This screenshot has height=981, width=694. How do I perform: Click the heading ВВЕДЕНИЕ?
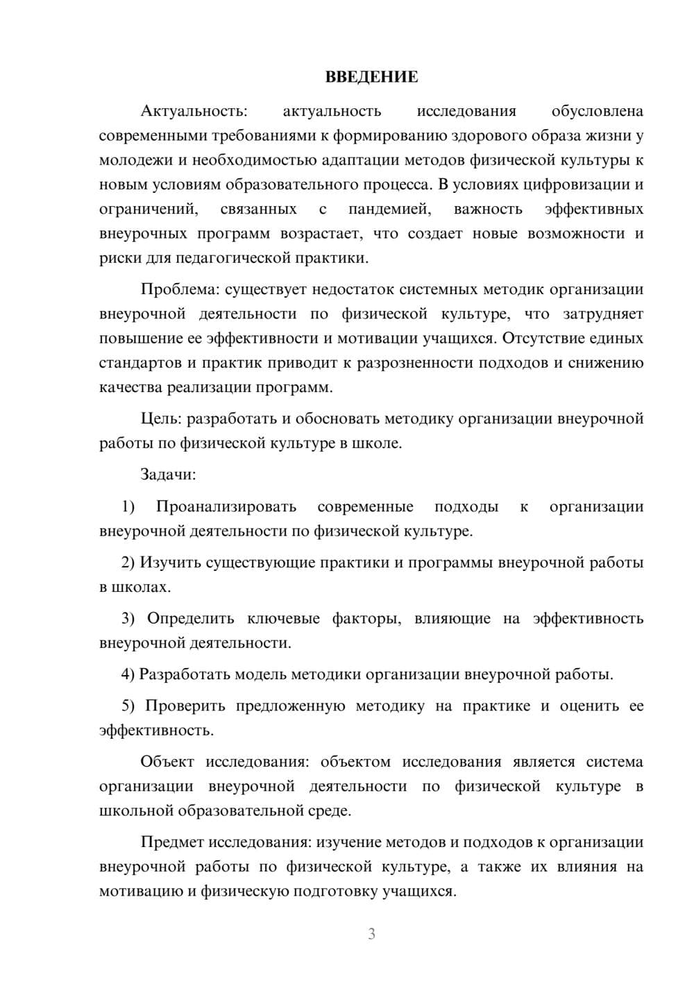click(x=371, y=77)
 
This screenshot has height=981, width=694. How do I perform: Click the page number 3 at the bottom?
click(x=371, y=934)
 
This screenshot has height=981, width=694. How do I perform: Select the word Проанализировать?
click(x=226, y=506)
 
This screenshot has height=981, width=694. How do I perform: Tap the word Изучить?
click(x=170, y=563)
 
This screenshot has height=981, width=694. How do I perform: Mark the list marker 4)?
click(x=128, y=674)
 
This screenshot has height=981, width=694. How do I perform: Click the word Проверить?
click(x=185, y=706)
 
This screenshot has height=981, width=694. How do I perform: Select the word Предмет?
click(x=172, y=842)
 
